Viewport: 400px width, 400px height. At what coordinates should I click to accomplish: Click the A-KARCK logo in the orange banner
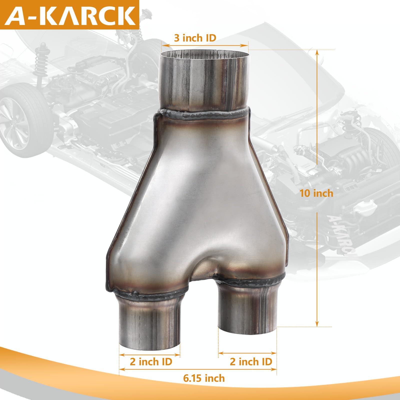coord(70,15)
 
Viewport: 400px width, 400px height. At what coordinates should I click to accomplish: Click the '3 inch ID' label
coord(195,38)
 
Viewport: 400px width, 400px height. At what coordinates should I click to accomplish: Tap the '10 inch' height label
coord(316,193)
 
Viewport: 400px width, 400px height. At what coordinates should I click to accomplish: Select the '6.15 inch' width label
coord(204,378)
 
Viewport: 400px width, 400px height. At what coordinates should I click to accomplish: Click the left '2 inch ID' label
coord(151,362)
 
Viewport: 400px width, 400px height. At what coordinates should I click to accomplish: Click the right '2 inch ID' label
coord(251,362)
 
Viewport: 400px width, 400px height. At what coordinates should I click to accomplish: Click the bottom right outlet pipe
coord(247,310)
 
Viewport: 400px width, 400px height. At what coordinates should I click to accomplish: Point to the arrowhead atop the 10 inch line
coord(317,52)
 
